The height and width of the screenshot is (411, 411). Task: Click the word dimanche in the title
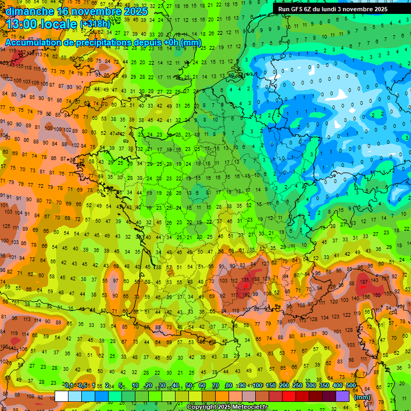point(29,11)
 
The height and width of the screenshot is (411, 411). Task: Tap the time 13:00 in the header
point(22,24)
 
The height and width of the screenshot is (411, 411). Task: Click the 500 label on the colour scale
point(351,386)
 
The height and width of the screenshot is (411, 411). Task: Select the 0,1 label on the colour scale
point(68,386)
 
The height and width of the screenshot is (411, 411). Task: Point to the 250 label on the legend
point(297,386)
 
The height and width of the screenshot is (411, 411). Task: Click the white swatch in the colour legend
point(62,396)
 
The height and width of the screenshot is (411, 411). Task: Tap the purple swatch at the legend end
point(342,396)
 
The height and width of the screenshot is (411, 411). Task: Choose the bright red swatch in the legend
point(289,396)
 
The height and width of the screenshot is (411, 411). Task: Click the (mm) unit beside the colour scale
point(362,397)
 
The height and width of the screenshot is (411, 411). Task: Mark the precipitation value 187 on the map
point(364,282)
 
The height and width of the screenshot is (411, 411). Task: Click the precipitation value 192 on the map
point(247,294)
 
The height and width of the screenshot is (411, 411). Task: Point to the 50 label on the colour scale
point(189,386)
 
